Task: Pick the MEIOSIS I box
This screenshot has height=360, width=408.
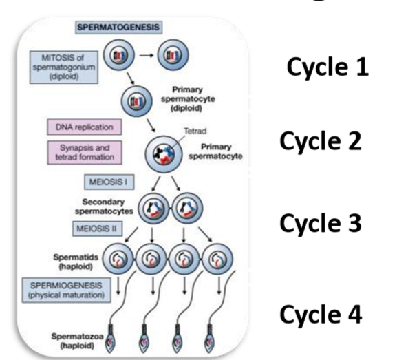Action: coord(105,183)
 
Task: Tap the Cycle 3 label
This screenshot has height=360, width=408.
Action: coord(321,224)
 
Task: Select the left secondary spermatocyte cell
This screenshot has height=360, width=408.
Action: coord(153,207)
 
